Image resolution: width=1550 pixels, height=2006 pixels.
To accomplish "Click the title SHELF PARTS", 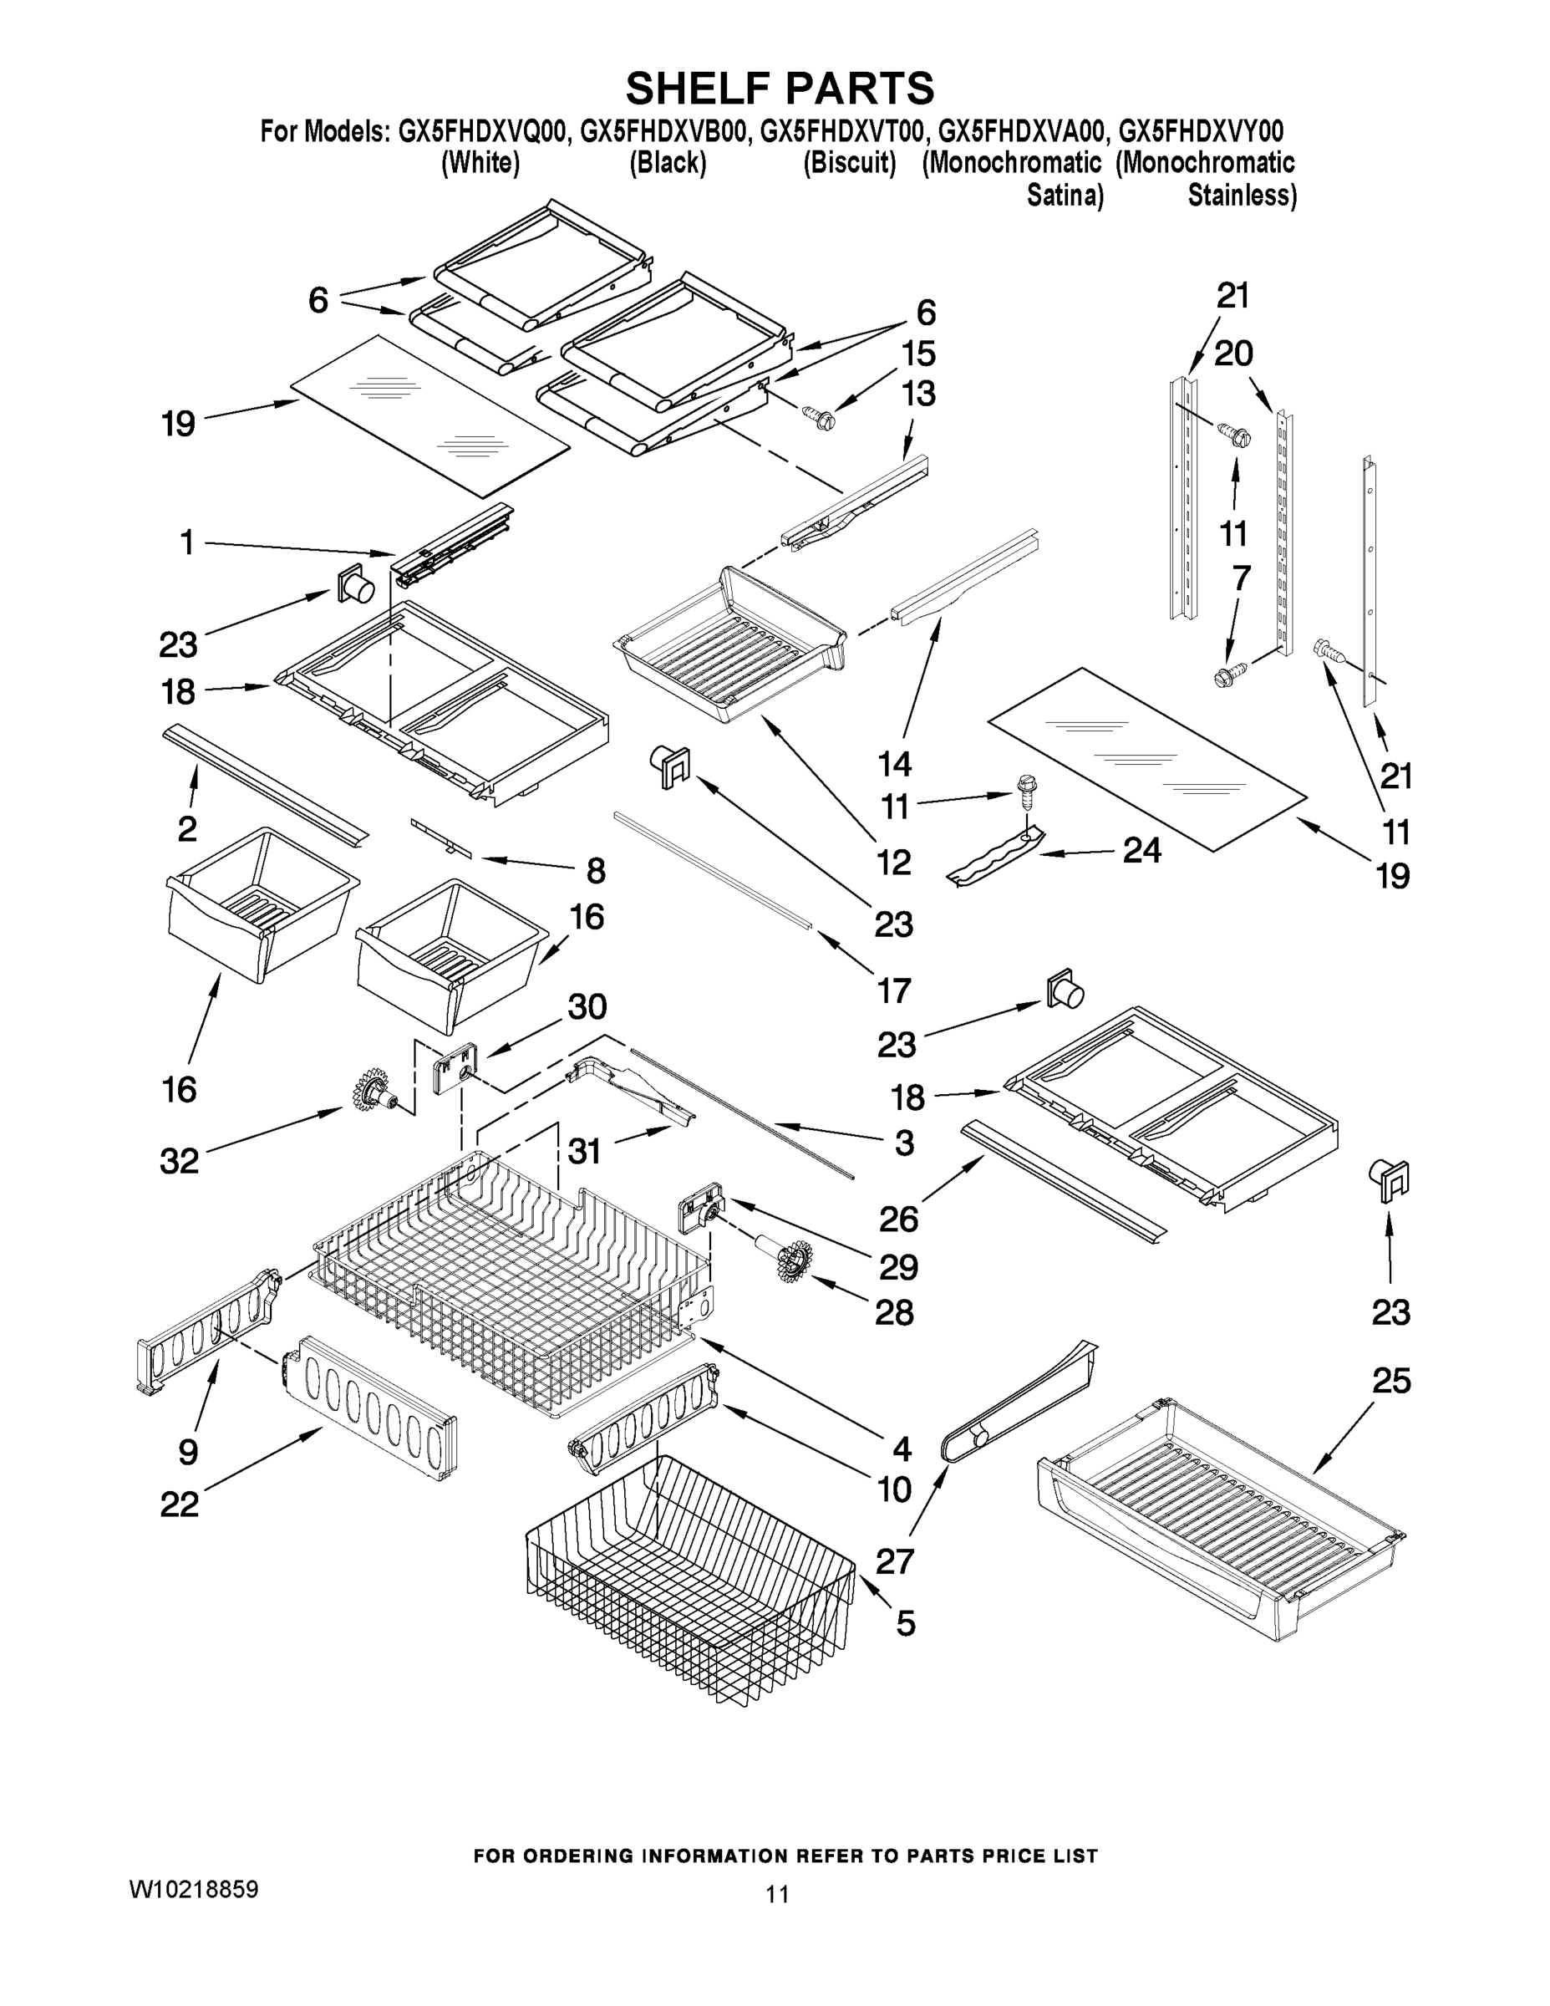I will [x=779, y=89].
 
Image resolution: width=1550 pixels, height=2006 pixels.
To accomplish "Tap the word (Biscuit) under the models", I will [x=850, y=165].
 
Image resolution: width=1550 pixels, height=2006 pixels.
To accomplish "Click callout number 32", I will [x=179, y=1161].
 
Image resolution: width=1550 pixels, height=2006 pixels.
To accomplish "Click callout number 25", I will [x=1390, y=1381].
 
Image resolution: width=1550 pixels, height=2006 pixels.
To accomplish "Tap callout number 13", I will [x=918, y=393].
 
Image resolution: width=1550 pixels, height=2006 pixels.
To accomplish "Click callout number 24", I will [x=1141, y=851].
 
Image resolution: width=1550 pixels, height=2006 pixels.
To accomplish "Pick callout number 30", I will [x=587, y=1006].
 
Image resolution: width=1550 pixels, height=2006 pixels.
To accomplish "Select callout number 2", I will [x=186, y=828].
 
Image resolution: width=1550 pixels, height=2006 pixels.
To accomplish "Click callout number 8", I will [x=595, y=870].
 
